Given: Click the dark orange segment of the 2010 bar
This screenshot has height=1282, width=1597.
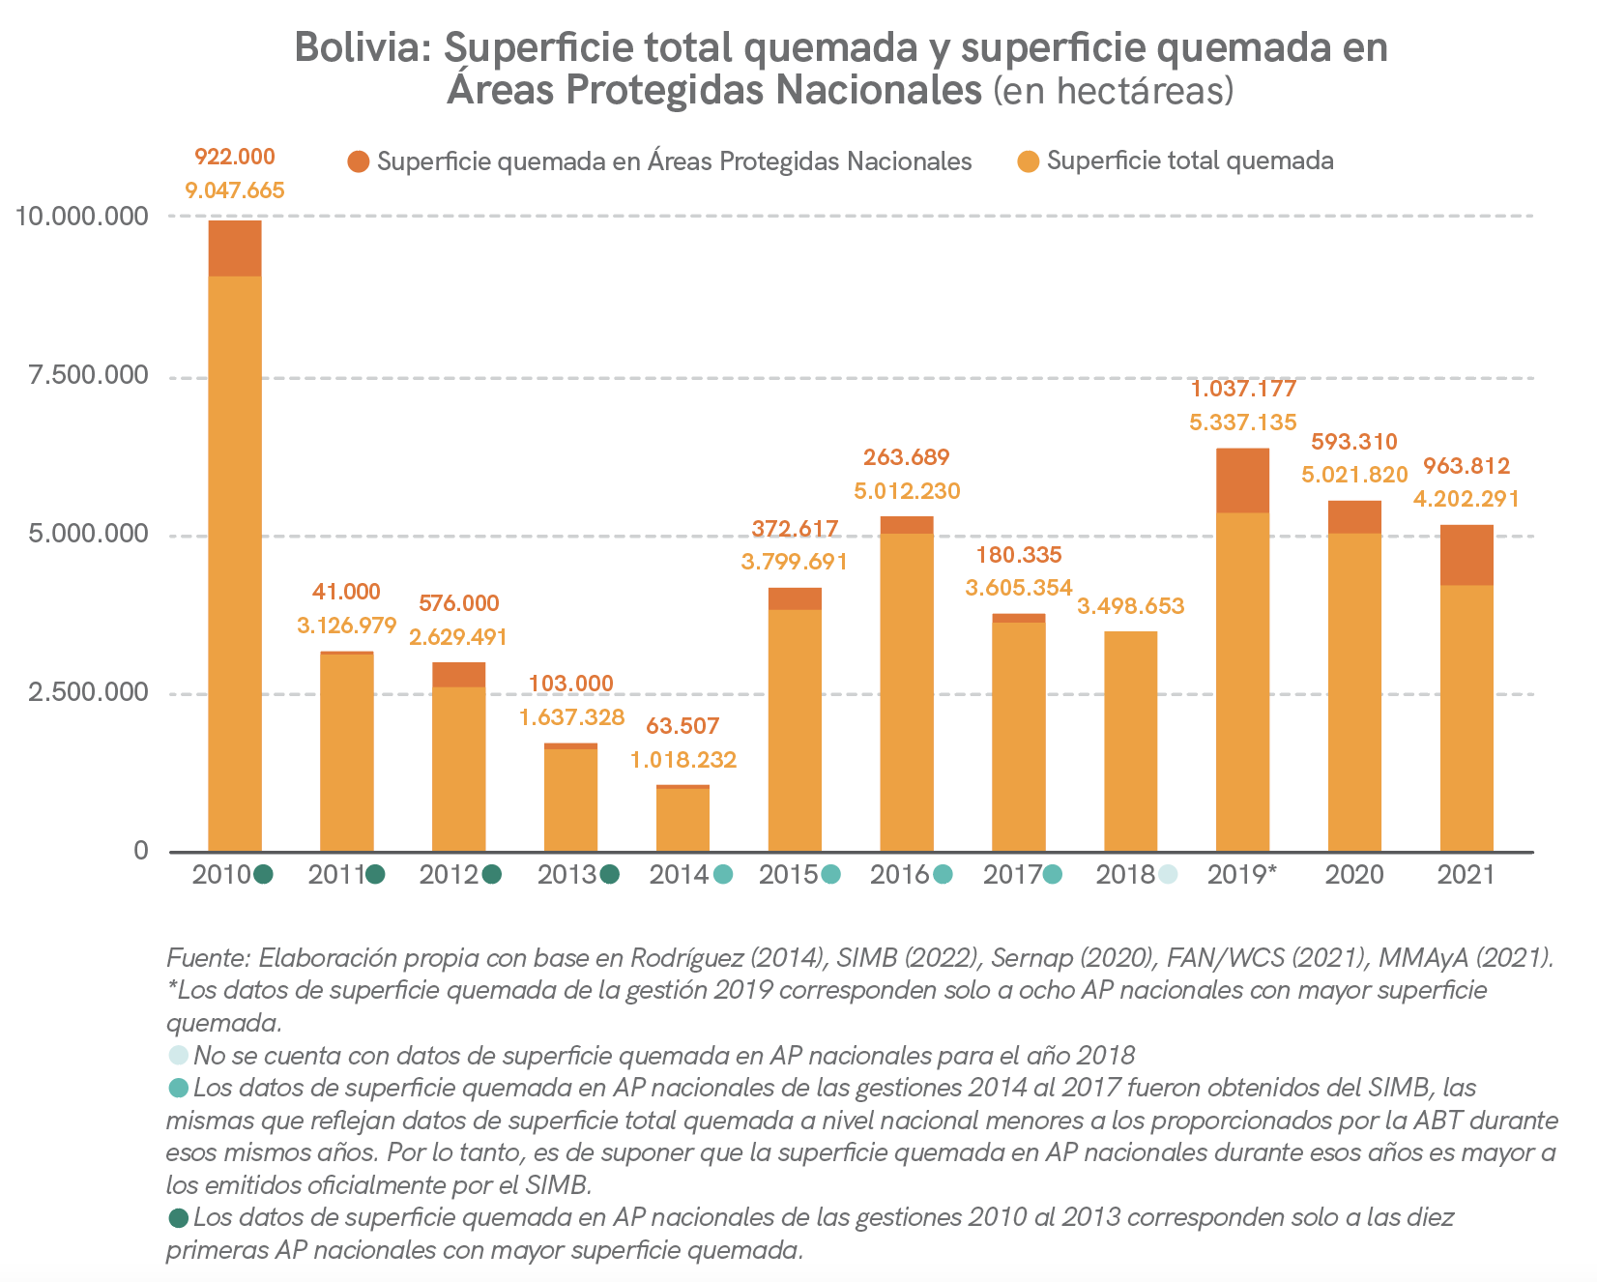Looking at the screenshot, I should tap(235, 248).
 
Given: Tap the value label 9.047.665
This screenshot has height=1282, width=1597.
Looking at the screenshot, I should tap(235, 190).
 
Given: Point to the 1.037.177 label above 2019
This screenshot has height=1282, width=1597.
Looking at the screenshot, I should tap(1242, 390).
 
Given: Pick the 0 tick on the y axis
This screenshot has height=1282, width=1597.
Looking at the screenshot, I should tap(141, 851).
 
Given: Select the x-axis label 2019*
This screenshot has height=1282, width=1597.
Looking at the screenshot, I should tap(1242, 875).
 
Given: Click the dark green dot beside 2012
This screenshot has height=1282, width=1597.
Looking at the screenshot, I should tap(491, 875).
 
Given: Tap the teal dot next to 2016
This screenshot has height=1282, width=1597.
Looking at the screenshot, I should tap(943, 875).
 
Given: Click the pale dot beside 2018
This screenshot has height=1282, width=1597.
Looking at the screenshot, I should tap(1168, 875).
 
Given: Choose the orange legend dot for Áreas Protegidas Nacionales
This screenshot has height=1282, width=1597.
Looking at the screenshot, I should tap(359, 161).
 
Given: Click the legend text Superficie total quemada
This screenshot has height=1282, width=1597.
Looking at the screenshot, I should tap(1190, 161).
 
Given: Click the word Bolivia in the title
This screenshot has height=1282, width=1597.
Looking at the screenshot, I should tap(363, 47).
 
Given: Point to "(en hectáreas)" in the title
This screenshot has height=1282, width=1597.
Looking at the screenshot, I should tap(1114, 90).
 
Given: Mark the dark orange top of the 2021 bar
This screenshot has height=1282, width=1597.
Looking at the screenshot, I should tap(1466, 555).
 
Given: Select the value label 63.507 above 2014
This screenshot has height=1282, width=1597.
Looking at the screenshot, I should tap(682, 726).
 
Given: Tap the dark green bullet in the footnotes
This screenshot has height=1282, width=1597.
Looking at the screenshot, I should tap(178, 1217).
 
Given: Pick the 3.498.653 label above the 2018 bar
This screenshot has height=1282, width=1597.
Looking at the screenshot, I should tap(1130, 607).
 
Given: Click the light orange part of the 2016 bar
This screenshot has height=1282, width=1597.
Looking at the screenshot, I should tap(907, 691).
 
